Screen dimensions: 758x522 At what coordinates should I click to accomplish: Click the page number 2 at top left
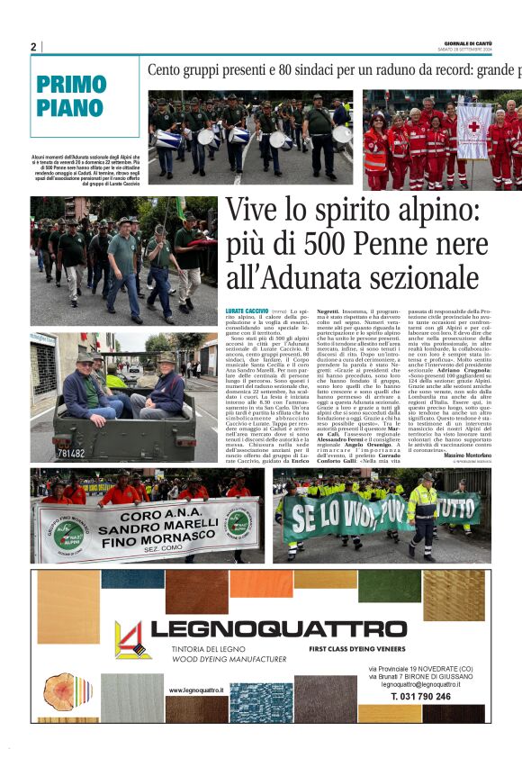33,47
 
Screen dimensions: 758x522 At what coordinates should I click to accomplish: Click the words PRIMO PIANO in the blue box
71,96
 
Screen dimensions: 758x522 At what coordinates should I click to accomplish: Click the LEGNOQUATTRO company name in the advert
278,628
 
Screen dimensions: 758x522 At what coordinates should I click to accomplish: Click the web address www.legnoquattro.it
195,690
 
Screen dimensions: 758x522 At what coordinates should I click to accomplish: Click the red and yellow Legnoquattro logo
131,639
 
